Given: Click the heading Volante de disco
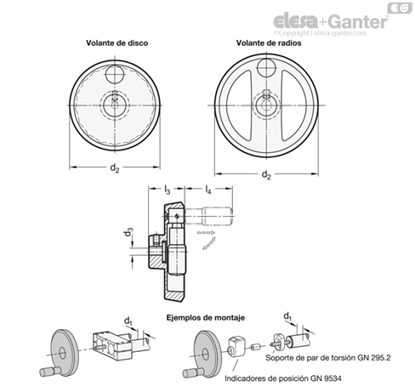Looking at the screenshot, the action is point(117,43).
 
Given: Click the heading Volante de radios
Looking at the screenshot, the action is point(269,43).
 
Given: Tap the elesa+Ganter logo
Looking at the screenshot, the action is point(331,21).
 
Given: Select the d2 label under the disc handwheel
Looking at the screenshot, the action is point(115,168).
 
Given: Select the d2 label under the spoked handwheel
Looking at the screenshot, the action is point(266,175).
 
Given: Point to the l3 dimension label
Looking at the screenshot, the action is point(168,190).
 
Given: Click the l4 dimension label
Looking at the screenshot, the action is point(208,190).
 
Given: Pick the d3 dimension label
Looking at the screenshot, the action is point(128,232).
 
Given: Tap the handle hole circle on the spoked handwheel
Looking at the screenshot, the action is point(267,68).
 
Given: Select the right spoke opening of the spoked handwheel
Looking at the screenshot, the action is point(294,105).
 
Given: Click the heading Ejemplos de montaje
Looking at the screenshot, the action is point(205,318).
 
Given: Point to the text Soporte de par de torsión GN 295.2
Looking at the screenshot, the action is point(328,358).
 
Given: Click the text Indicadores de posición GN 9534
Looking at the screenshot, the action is point(283,378).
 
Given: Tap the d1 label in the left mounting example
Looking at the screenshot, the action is point(128,321).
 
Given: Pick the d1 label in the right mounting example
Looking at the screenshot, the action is point(287,316).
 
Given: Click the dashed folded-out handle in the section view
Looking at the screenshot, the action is point(217,217).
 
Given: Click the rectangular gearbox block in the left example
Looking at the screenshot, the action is point(112,346).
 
